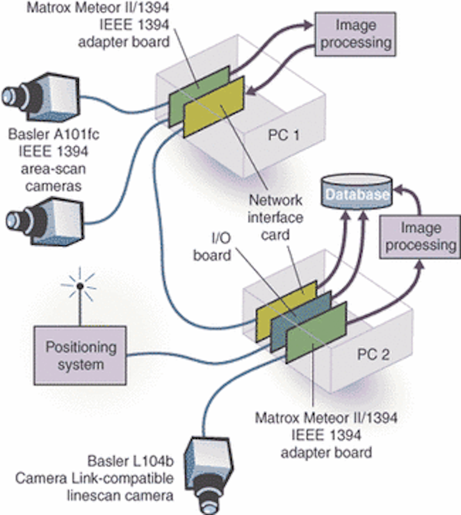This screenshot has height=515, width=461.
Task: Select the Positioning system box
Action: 81,356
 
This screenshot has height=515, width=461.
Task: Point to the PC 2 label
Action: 374,354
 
